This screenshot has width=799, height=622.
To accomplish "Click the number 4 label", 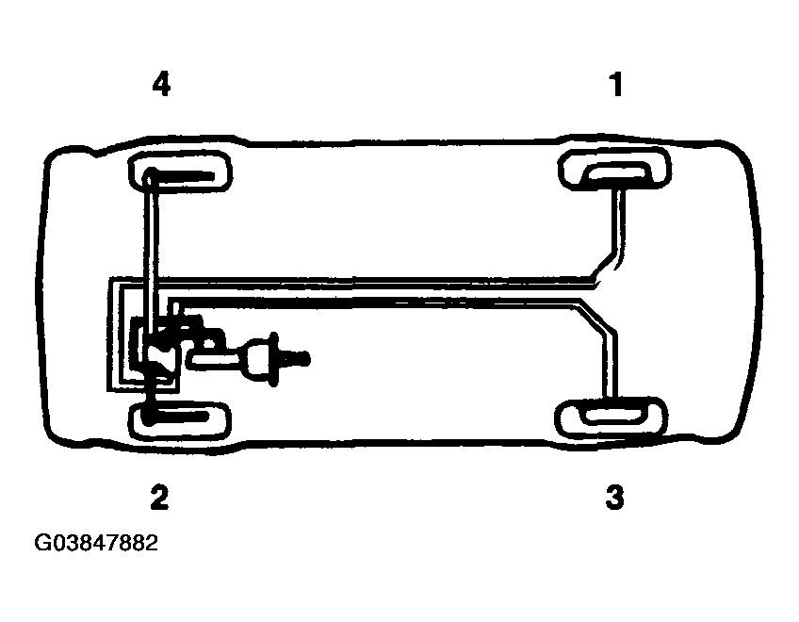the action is [161, 84].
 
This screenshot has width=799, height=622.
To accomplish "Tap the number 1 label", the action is [616, 84].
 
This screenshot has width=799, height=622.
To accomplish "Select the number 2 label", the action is [159, 497].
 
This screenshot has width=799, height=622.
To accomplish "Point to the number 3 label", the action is [614, 497].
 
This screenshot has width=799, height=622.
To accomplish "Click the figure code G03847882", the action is [96, 543].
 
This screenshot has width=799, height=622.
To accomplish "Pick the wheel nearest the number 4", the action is [180, 172].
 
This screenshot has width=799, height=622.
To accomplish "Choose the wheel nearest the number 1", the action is [614, 169].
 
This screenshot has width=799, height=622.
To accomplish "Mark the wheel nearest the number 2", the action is [179, 420].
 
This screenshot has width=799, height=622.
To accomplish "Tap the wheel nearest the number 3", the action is [611, 418].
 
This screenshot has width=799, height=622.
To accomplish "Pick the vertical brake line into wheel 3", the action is [611, 366].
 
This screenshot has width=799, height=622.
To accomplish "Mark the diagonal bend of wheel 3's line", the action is [595, 319].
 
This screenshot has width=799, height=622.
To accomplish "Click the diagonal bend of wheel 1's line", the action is [607, 267].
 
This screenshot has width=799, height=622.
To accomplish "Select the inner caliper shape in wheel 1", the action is [617, 172].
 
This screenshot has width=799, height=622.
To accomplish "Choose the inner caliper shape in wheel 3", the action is [613, 415].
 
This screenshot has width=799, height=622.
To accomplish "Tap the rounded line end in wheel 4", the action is [150, 179].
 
